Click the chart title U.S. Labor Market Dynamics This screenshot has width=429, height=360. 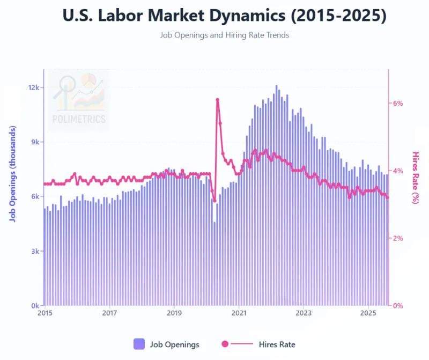coord(224,16)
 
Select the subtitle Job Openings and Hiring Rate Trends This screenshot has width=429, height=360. coord(224,35)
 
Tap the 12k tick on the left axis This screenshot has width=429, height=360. coord(34,87)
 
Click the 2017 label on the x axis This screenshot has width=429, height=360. coord(109,313)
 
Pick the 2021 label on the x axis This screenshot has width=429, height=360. coord(239,313)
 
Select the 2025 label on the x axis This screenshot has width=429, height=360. coord(368,313)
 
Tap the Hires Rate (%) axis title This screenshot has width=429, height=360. coord(416,177)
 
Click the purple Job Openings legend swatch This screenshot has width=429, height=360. coord(139,344)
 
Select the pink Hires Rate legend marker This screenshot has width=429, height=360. coord(225,344)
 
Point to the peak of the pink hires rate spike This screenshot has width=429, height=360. coord(217,100)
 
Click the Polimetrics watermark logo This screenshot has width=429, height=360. coord(79,100)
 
